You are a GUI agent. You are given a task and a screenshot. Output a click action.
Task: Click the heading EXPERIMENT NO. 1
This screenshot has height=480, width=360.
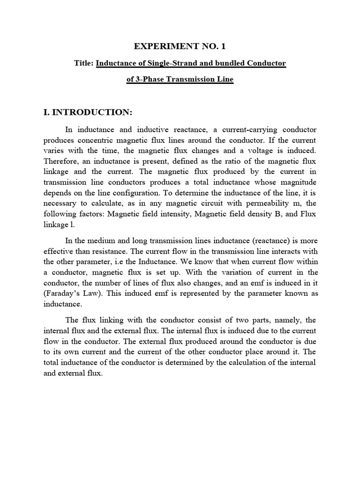point(180,46)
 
